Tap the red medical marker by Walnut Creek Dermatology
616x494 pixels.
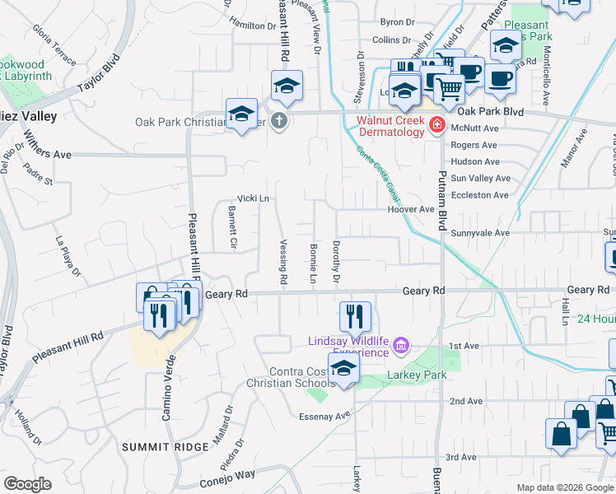(436, 126)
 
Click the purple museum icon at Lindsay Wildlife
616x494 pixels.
(401, 344)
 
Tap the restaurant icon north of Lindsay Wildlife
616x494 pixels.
(355, 315)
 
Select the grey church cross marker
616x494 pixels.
(279, 122)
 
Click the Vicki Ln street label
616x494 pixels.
(253, 198)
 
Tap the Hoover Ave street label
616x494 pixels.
(411, 209)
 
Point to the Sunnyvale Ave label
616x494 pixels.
(480, 233)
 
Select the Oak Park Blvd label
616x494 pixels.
(491, 111)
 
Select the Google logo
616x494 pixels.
(28, 485)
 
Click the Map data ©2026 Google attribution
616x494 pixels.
(565, 487)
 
